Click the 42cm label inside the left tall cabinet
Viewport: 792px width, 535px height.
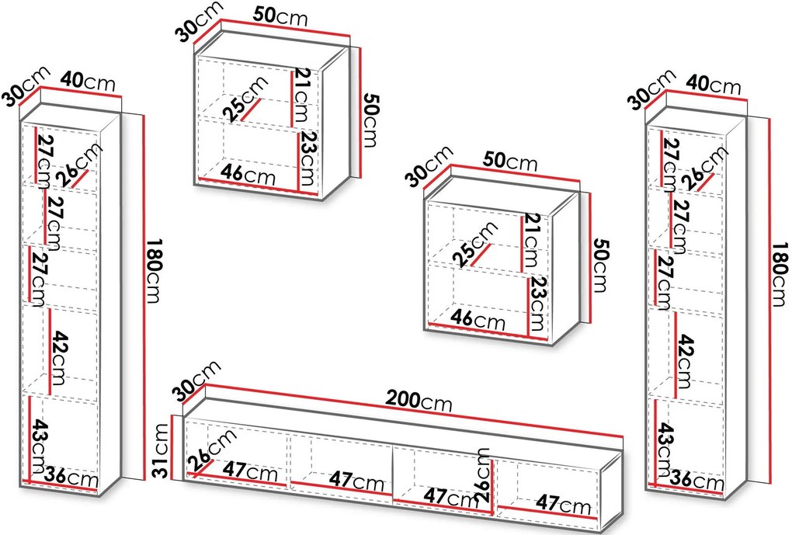point(61,351)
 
